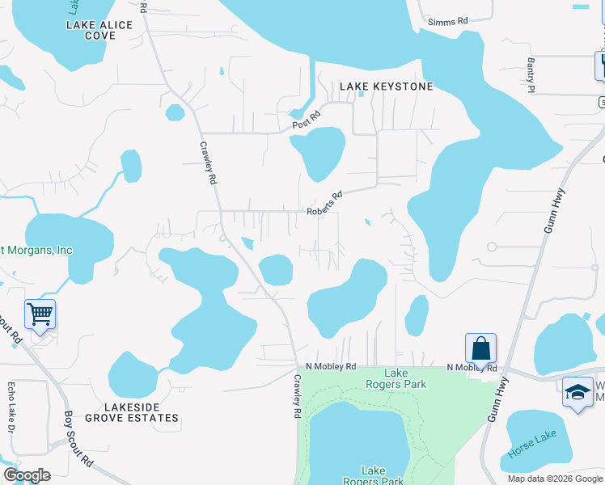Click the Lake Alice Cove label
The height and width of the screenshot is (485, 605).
(x=99, y=30)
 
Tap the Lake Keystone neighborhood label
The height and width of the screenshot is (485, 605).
(x=387, y=86)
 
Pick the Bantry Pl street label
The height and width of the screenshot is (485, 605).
(x=531, y=79)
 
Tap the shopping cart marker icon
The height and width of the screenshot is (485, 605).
(x=40, y=314)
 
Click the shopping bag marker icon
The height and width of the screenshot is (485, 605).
(x=480, y=348)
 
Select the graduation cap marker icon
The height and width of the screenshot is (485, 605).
(x=577, y=393)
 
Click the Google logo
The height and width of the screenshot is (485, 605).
(x=27, y=475)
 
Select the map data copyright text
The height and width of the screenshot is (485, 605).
(x=556, y=479)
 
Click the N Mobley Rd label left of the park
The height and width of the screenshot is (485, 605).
(x=331, y=366)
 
